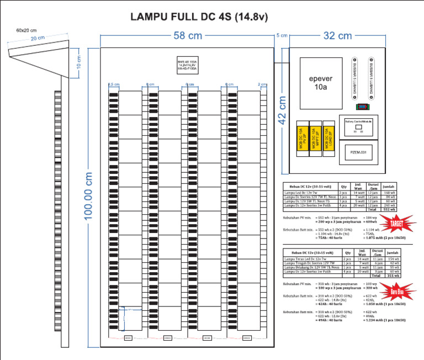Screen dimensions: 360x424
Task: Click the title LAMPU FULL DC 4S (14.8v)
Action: pos(199,17)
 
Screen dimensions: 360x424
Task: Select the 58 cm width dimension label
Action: pos(188,36)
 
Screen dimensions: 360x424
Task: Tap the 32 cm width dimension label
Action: pos(337,36)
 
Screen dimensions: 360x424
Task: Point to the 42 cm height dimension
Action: pos(282,110)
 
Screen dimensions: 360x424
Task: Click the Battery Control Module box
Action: pos(359,126)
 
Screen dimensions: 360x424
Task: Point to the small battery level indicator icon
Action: pos(362,107)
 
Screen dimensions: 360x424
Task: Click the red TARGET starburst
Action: pos(396,224)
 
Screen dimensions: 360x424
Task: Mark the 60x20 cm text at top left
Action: pos(26,30)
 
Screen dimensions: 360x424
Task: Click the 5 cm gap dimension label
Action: pos(282,36)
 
